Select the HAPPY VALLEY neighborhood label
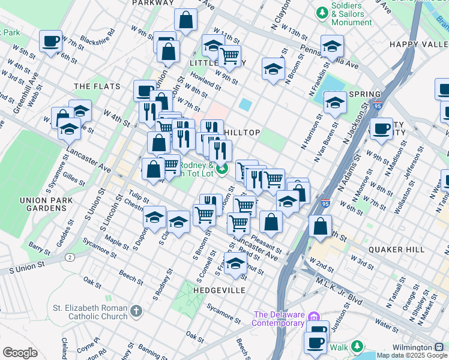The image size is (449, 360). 418,44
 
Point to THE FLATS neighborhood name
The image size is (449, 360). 94,87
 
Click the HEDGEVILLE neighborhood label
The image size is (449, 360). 219,290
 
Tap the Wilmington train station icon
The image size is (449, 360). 439,347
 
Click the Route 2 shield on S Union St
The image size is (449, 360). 70,257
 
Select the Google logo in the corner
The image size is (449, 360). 20,352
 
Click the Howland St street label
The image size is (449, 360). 204,82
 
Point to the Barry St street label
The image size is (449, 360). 39,249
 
